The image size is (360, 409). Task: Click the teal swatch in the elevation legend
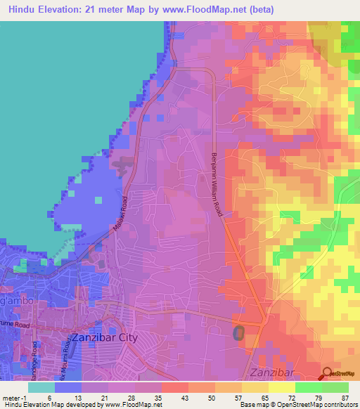[x=41, y=387]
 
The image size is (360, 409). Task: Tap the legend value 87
[x=345, y=398]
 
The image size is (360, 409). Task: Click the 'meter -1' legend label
[x=15, y=398]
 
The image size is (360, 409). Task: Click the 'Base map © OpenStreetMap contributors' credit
[x=298, y=405]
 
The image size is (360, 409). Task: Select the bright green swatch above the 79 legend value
[x=309, y=387]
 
